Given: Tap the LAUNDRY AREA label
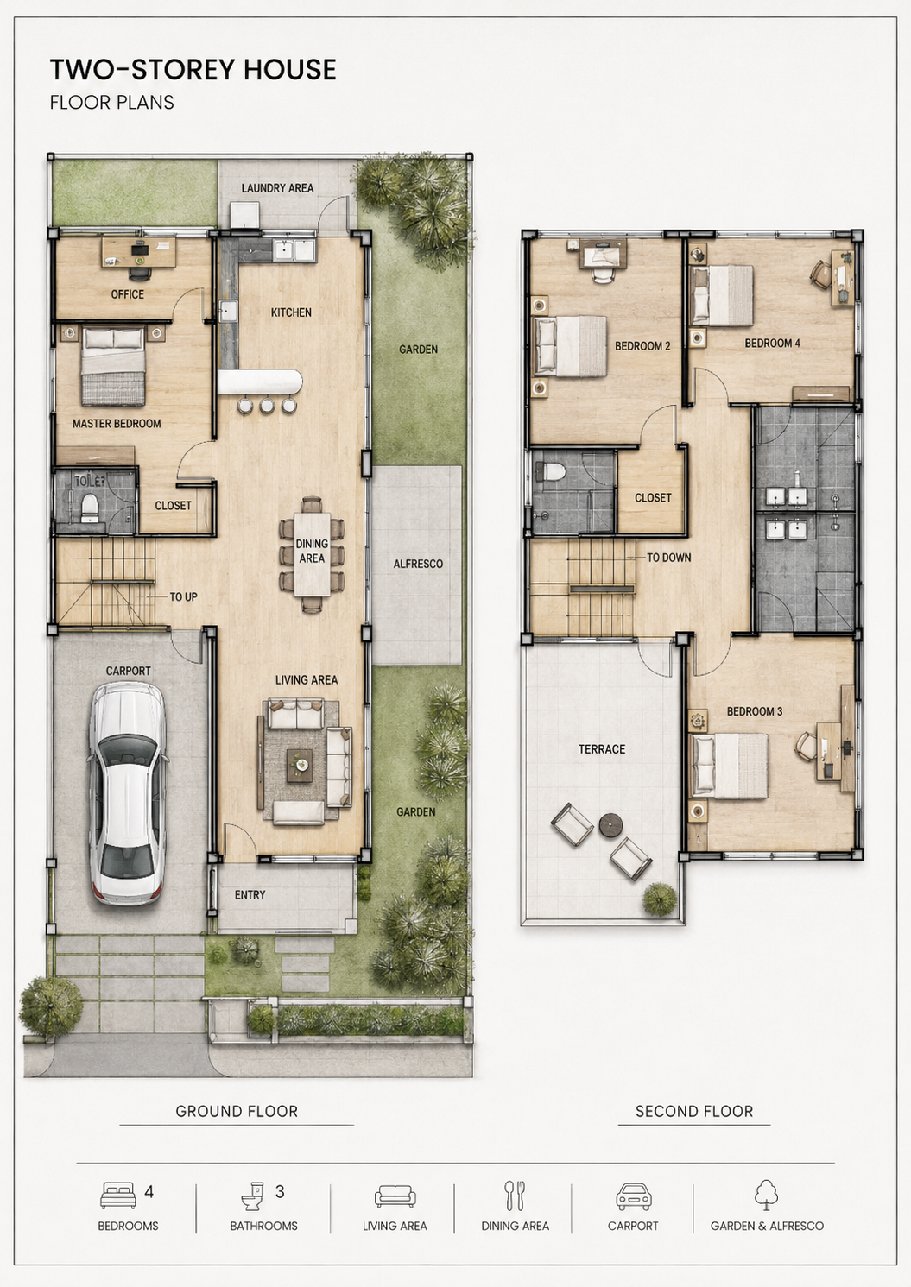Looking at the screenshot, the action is click(x=277, y=188).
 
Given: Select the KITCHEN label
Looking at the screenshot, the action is click(x=291, y=312).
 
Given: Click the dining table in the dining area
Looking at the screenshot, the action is click(x=312, y=554).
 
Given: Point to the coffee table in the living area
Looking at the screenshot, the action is click(x=300, y=766).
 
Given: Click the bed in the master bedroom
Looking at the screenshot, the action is click(x=114, y=365).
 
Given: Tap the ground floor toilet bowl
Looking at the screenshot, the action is click(x=89, y=508).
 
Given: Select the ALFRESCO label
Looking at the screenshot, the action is click(x=418, y=564).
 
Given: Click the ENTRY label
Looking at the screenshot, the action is click(x=250, y=894).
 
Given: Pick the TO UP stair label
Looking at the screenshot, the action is click(x=183, y=597).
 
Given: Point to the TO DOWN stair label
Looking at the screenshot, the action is click(x=669, y=558).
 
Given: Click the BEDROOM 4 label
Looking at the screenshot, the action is click(x=773, y=343).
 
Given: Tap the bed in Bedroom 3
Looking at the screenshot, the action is click(x=730, y=766).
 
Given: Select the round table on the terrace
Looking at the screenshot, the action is click(x=611, y=825).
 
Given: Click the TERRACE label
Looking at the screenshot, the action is click(x=602, y=749).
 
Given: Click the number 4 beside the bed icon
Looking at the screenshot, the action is click(x=149, y=1192).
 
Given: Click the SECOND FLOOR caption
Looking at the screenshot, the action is click(x=694, y=1111).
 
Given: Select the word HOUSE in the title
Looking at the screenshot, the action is click(x=290, y=70).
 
